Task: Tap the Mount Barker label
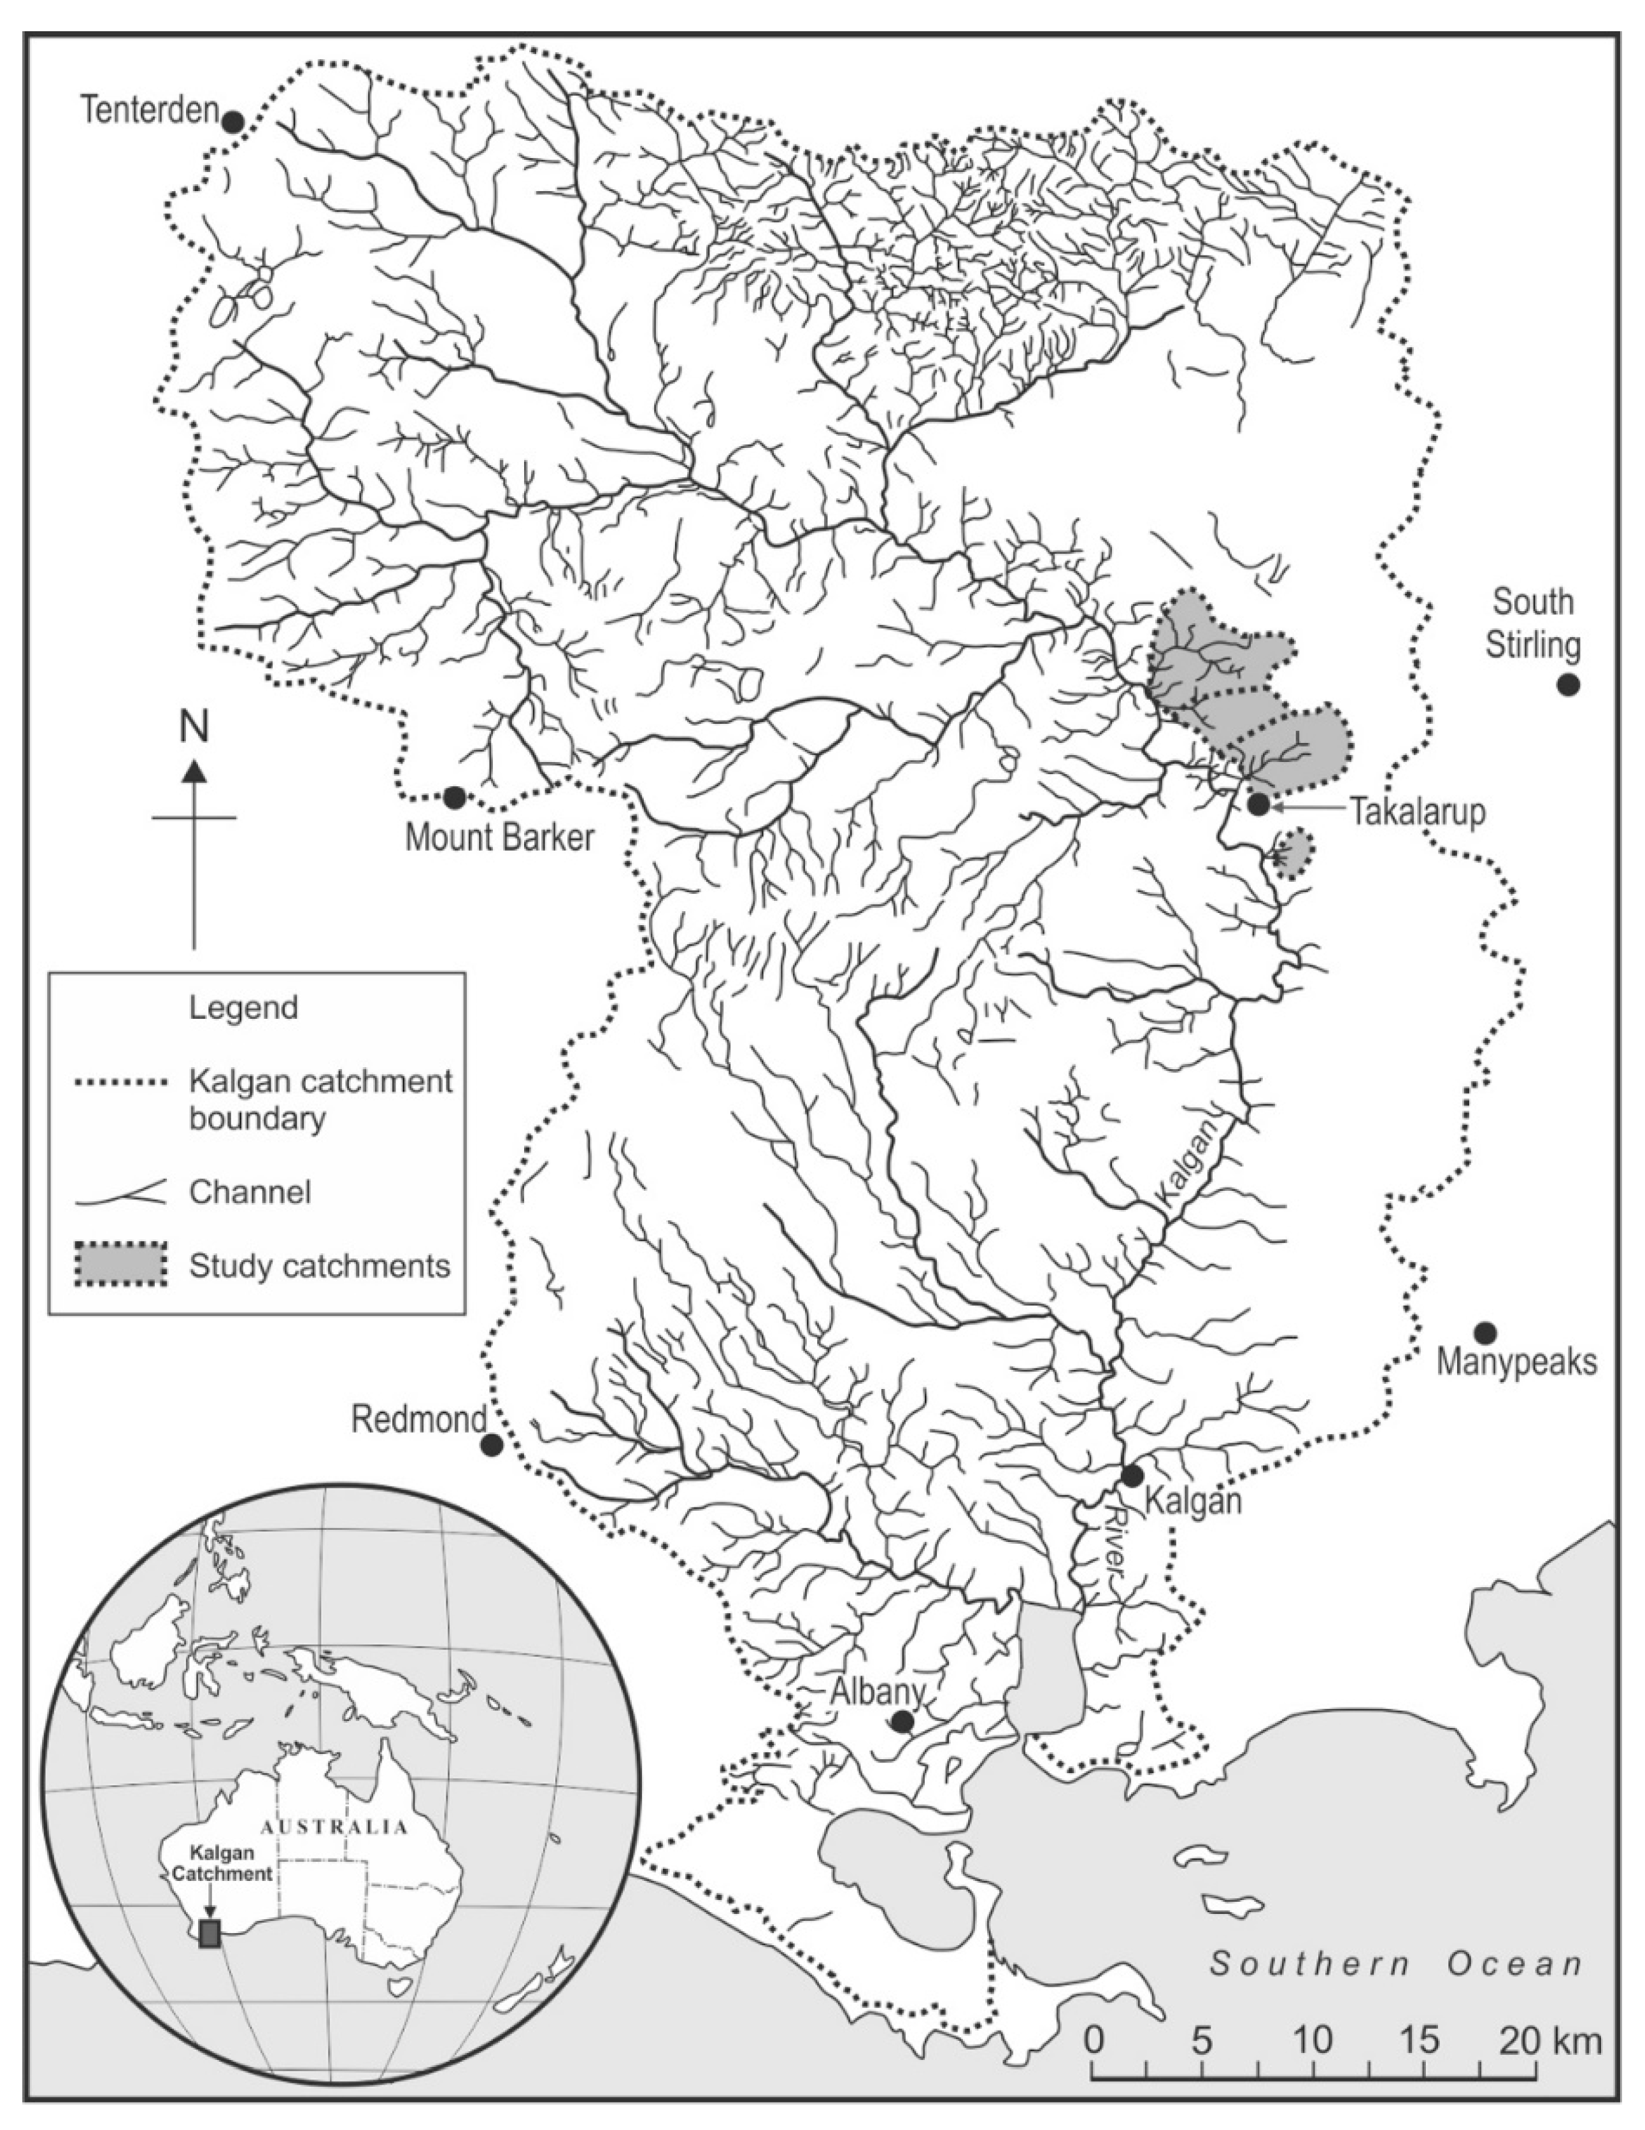click(499, 838)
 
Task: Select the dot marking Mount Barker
click(453, 798)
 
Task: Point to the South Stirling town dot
click(1567, 685)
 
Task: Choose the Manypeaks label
click(1516, 1362)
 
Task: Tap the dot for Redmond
click(492, 1445)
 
